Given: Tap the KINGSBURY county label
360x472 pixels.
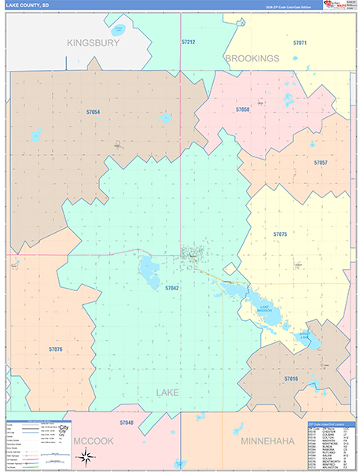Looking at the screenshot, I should click(93, 42).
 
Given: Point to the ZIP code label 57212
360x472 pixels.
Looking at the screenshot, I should click(188, 41).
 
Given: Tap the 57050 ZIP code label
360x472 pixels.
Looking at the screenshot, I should click(243, 109).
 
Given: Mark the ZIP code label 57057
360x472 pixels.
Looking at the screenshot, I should click(320, 162).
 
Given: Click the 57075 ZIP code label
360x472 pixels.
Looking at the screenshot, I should click(280, 234).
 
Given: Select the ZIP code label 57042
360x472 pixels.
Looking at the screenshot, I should click(172, 289).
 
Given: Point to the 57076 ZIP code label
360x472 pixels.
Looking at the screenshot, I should click(55, 348).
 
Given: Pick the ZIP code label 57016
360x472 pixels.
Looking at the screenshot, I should click(291, 378).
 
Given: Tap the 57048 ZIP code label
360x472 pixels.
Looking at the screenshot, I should click(127, 422).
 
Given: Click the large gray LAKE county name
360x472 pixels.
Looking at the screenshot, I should click(167, 392).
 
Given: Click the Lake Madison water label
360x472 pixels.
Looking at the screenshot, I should click(264, 309).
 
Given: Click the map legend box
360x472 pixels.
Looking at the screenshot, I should click(39, 439).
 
